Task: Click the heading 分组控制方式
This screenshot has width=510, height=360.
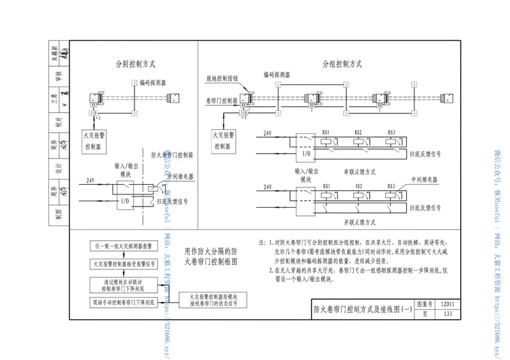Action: [x=342, y=64]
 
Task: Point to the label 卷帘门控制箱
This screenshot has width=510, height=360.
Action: [x=223, y=100]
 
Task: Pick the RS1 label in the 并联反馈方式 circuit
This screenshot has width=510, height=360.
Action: [x=327, y=185]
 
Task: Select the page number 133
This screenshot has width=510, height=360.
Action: [x=448, y=314]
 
